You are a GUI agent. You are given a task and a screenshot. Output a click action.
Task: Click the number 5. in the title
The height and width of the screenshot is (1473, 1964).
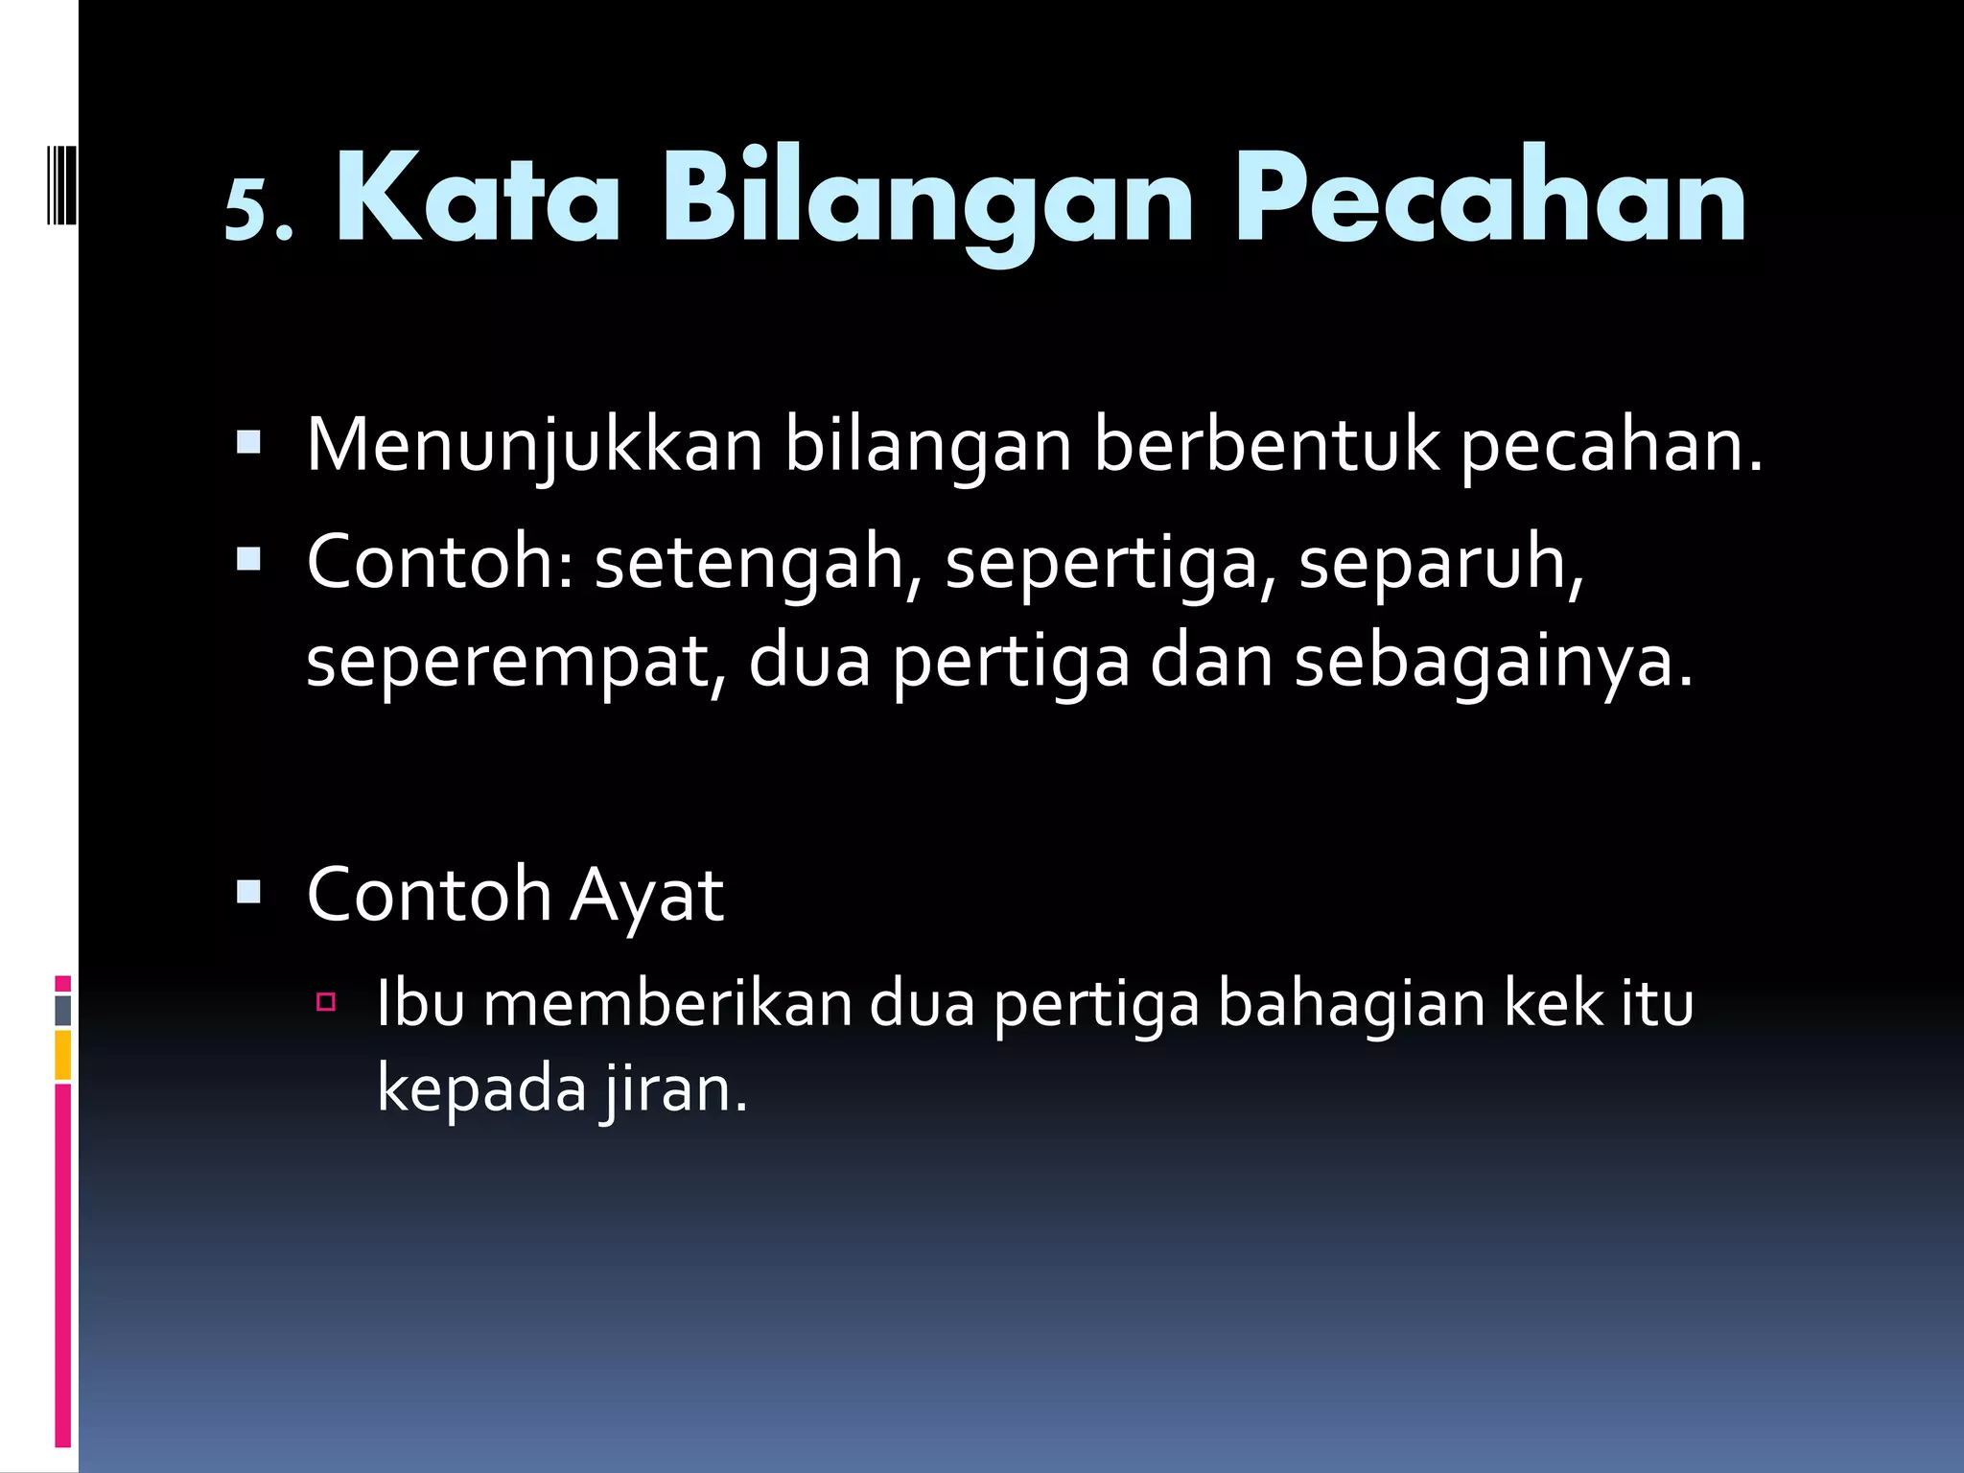257,209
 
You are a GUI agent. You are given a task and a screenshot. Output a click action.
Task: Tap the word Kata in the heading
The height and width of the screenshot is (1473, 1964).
478,199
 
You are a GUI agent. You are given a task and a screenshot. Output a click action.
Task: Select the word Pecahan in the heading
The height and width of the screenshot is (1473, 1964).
1489,199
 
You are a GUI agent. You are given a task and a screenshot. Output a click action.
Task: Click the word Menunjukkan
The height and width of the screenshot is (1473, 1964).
534,447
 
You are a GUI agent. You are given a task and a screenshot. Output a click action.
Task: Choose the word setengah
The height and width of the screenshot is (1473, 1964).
750,564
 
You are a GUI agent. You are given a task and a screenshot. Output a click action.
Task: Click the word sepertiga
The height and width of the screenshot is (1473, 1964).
1111,564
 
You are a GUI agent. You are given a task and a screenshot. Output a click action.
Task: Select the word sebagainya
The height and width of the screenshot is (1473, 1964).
1493,664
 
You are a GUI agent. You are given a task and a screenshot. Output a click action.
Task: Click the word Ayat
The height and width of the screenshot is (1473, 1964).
646,896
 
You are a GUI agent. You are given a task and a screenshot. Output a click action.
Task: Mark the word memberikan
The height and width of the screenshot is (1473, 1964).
667,1004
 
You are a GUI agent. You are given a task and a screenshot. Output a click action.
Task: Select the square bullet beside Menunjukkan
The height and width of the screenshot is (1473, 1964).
248,442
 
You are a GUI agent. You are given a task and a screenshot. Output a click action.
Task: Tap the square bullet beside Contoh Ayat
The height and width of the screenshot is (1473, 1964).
248,893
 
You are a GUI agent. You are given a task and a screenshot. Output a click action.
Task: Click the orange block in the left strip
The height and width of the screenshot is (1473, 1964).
62,1055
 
